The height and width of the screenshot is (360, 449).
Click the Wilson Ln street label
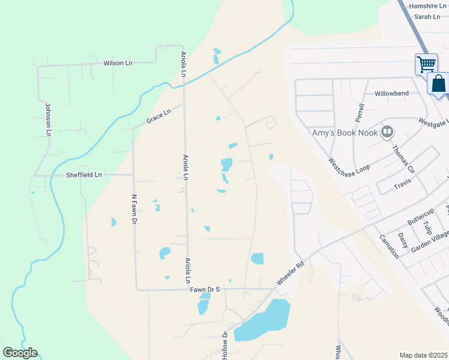click(x=118, y=62)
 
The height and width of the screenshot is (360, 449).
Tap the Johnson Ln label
click(x=48, y=119)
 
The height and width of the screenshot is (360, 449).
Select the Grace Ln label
click(x=158, y=116)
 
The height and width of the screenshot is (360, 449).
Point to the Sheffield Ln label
click(x=84, y=175)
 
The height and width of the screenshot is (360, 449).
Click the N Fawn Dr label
click(x=134, y=209)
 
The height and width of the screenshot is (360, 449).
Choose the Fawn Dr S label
click(x=205, y=289)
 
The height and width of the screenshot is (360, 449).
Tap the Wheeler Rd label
click(x=291, y=272)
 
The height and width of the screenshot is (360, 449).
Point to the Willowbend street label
click(x=391, y=94)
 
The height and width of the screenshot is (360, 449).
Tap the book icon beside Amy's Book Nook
click(x=388, y=132)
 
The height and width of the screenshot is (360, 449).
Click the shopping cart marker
click(x=426, y=63)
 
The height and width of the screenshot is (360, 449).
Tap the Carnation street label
click(x=389, y=247)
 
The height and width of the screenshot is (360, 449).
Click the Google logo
click(x=20, y=353)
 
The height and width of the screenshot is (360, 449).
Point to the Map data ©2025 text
click(x=423, y=355)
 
